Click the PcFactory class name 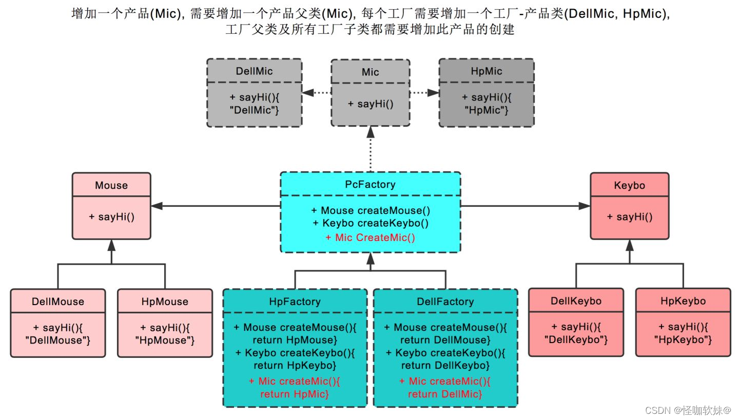[370, 185]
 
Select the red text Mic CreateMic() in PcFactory [370, 237]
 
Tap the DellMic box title [255, 71]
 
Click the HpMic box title [486, 71]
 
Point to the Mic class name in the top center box [370, 72]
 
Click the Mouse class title [111, 186]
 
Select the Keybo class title [629, 186]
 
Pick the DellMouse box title [57, 302]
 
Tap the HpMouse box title [165, 302]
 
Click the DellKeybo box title [576, 301]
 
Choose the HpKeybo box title [683, 301]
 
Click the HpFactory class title [295, 302]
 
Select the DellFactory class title [445, 302]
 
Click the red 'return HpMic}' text [295, 394]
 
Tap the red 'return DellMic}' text [445, 394]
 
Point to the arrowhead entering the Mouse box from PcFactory [157, 206]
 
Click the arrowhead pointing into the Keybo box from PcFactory [585, 206]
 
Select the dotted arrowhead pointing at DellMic [307, 93]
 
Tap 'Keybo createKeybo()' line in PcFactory [370, 223]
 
